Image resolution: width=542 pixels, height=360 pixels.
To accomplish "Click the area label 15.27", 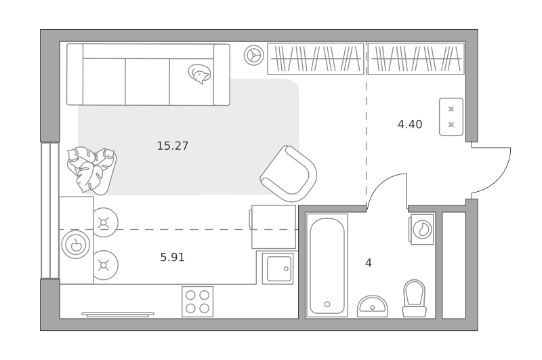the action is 173,146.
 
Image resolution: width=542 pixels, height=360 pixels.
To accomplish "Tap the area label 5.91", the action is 172,258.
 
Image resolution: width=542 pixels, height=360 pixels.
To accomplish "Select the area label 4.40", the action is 410,124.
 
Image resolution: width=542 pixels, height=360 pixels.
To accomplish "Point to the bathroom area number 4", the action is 369,263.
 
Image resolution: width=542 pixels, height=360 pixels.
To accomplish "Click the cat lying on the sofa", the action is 200,74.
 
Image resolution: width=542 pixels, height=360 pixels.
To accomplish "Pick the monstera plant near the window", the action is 91,170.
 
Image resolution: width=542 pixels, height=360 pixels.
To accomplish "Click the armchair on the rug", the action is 289,174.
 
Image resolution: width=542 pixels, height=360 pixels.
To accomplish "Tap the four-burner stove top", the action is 197,302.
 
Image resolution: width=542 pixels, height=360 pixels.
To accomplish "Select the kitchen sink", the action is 278,268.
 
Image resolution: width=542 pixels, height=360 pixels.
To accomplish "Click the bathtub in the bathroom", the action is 327,265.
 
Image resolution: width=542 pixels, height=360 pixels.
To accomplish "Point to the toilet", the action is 414,298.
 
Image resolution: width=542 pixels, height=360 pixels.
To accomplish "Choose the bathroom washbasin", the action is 372,306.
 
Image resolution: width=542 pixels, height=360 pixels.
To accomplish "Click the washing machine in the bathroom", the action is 421,229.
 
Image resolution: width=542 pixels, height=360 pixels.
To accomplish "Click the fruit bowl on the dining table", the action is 76,245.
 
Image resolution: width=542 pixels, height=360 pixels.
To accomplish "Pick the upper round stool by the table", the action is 105,222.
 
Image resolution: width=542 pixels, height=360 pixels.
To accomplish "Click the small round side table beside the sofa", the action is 254,56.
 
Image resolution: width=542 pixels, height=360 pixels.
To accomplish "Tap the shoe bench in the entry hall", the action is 451,117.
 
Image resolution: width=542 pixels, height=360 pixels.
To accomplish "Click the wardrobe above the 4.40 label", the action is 416,58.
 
